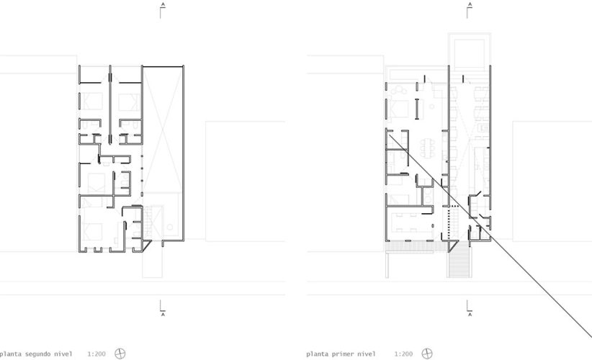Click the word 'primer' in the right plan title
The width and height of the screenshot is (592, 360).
coord(342,354)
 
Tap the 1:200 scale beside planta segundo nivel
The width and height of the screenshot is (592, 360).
coord(96,354)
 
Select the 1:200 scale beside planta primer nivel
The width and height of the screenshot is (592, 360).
coord(403,354)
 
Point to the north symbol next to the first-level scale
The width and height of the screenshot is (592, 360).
coord(426,354)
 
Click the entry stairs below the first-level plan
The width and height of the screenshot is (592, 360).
coord(458,260)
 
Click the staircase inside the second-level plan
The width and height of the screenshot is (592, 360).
coord(152,220)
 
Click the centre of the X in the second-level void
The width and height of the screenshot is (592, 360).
coord(163,130)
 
